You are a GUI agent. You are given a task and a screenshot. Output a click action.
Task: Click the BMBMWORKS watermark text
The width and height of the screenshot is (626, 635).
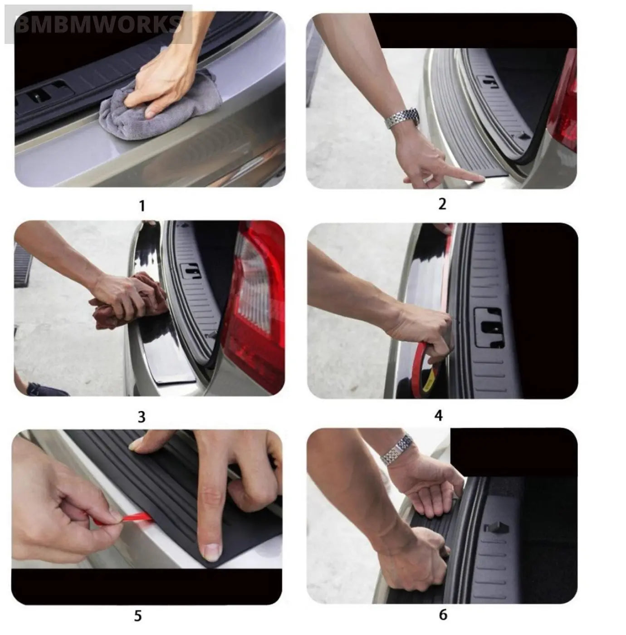pos(98,24)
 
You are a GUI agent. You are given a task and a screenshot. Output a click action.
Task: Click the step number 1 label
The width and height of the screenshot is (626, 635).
pos(142,206)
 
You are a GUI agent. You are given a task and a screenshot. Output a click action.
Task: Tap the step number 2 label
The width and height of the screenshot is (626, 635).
pos(442,204)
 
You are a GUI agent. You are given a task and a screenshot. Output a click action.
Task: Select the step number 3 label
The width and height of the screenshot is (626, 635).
pos(142,416)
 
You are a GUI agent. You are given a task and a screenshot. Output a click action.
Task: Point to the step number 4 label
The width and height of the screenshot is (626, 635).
pos(438,415)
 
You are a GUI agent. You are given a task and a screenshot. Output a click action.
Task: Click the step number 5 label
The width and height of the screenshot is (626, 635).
pos(138,616)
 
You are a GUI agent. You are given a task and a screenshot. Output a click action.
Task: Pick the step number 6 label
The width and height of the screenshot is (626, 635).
pos(443,615)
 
